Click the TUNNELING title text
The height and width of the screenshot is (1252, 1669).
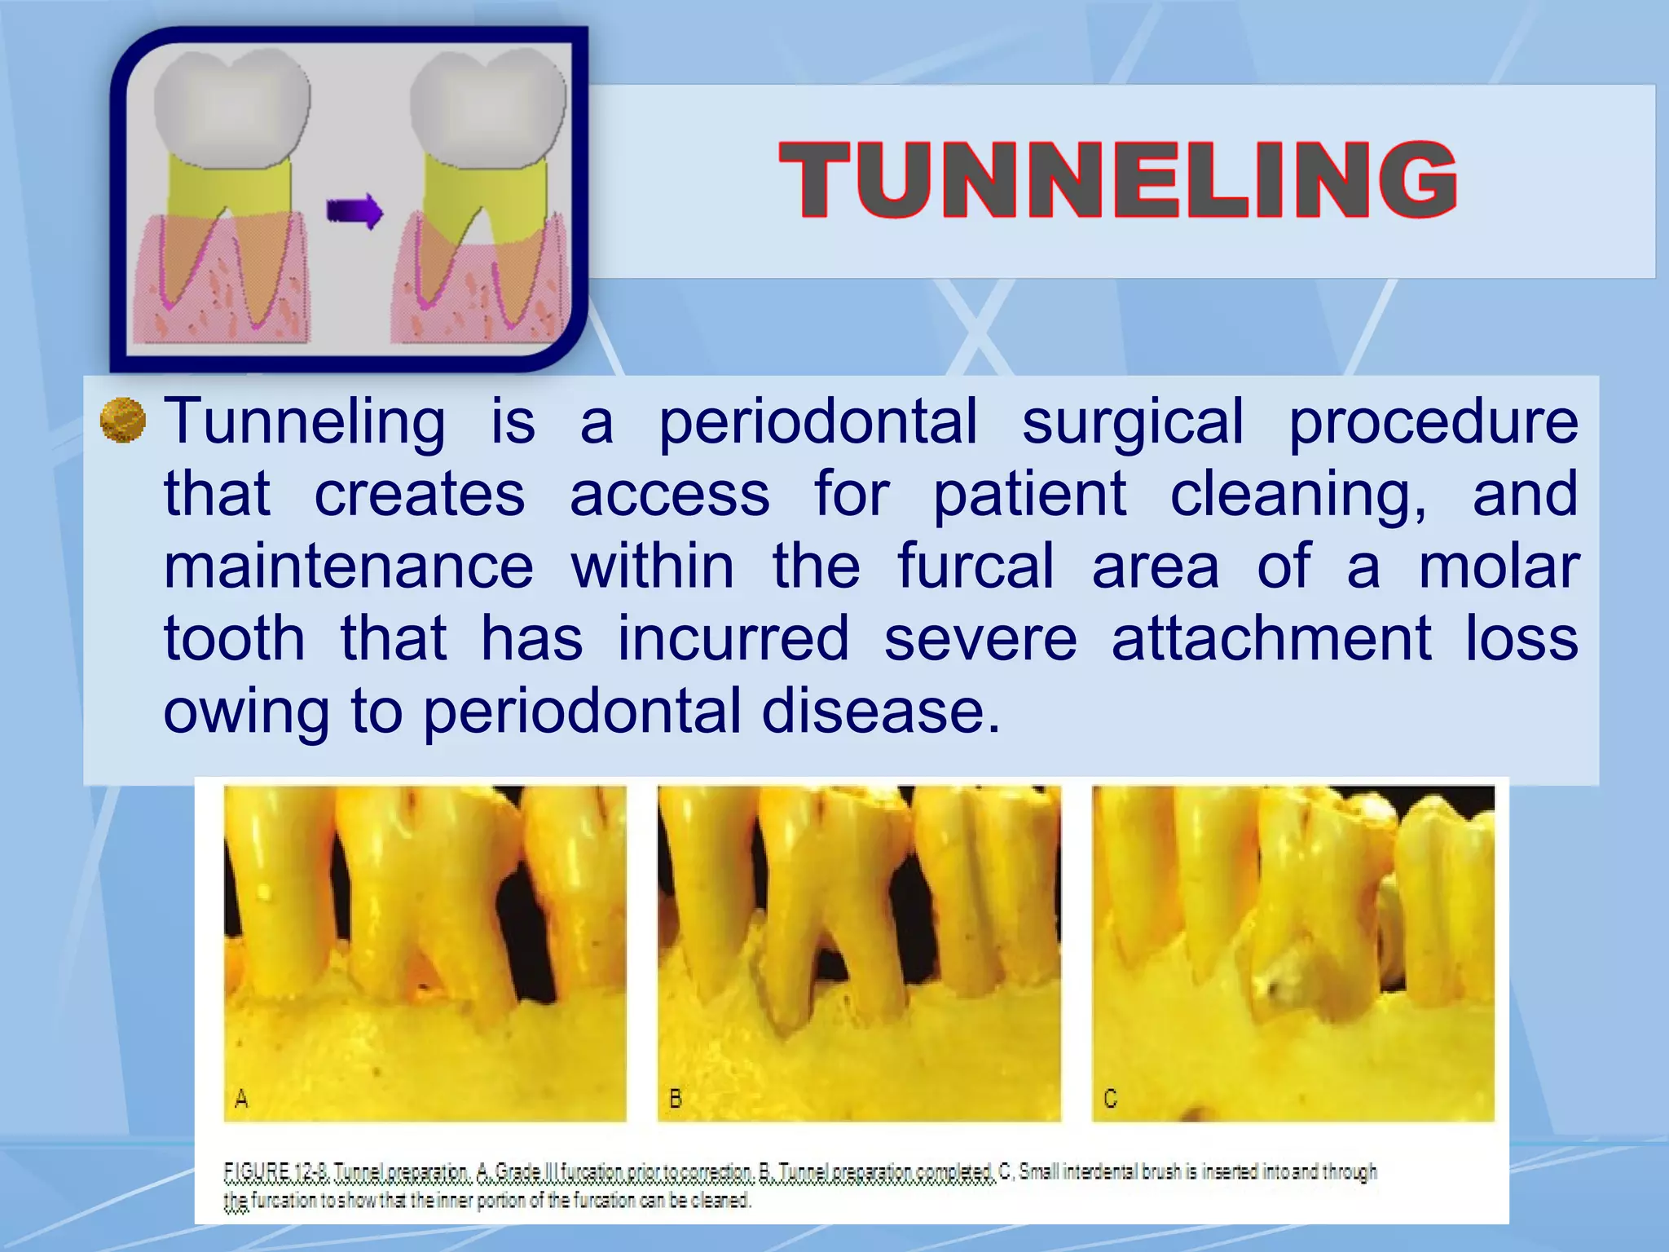(1117, 179)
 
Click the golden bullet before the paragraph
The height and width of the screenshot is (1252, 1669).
(122, 421)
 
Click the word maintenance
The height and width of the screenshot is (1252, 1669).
(349, 566)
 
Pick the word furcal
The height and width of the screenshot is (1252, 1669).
(975, 566)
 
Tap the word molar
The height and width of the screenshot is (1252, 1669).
(1498, 566)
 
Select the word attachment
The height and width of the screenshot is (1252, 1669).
(1271, 638)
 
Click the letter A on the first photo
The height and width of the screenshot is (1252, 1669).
(241, 1100)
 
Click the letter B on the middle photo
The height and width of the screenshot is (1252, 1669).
(676, 1100)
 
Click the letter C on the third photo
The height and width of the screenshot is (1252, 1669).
(1110, 1100)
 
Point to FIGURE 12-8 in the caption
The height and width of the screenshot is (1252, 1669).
(275, 1173)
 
